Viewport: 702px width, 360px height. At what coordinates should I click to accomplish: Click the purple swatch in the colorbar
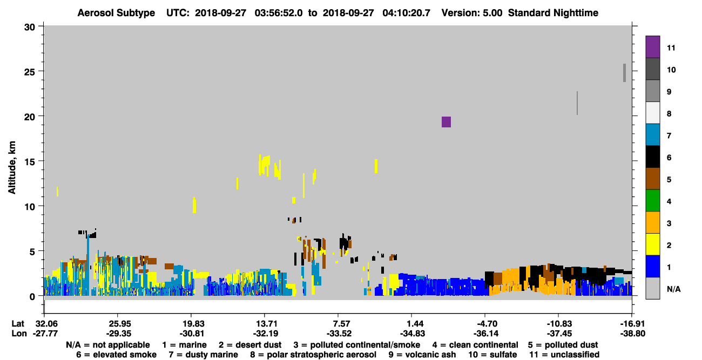tap(652, 46)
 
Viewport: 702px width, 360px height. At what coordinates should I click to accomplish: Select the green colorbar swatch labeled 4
tap(652, 201)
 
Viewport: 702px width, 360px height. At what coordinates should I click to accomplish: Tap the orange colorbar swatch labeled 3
tap(652, 222)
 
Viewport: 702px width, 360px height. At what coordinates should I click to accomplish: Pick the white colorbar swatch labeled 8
tap(652, 113)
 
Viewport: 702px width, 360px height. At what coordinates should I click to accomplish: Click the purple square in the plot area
tap(446, 122)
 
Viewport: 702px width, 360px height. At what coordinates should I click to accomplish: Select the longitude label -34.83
tap(413, 334)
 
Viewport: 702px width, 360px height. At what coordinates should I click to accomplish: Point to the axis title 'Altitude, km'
tap(12, 168)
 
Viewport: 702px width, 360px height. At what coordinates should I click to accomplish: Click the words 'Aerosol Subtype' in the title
tap(116, 13)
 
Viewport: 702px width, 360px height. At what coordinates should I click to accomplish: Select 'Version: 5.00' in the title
tap(471, 13)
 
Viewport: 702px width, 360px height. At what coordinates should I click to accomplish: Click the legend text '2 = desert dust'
tap(250, 345)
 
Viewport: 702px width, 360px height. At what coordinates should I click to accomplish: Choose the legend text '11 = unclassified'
tap(564, 355)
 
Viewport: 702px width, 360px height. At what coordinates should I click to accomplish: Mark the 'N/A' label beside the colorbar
tap(674, 289)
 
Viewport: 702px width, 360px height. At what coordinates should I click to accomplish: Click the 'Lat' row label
tap(18, 324)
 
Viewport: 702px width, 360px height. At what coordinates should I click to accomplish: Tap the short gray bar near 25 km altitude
tap(624, 73)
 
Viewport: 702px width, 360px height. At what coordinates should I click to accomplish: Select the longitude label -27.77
tap(45, 334)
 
